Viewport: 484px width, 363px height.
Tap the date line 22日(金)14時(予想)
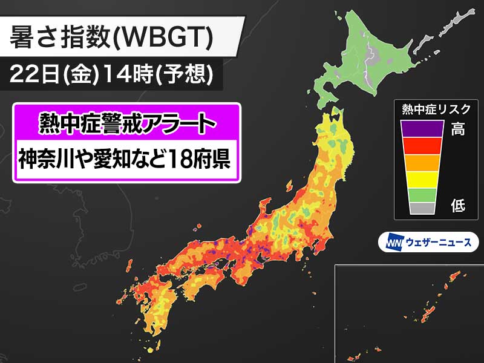pyautogui.click(x=112, y=74)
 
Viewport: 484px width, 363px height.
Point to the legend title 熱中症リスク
pyautogui.click(x=436, y=110)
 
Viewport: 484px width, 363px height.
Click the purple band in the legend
pyautogui.click(x=427, y=128)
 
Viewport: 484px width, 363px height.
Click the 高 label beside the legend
pyautogui.click(x=458, y=128)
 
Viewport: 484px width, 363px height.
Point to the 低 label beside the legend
pyautogui.click(x=458, y=206)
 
